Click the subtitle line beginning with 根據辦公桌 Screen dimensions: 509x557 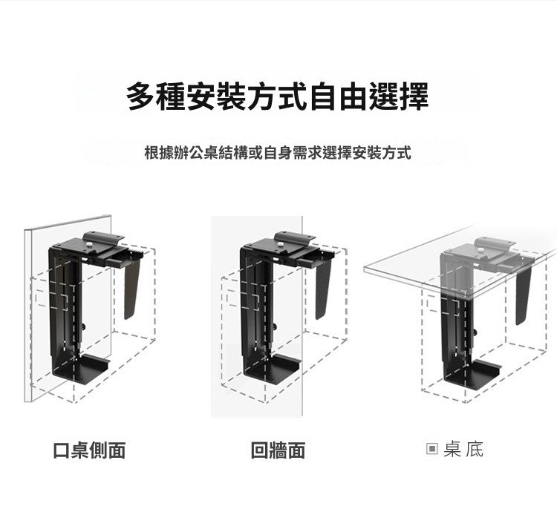pos(277,154)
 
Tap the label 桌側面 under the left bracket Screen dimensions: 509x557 pos(99,450)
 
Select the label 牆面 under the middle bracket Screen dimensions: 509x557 pos(287,450)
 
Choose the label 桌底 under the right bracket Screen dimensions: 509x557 pos(463,449)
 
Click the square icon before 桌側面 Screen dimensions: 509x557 pos(62,450)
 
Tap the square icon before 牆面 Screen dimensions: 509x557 pos(259,450)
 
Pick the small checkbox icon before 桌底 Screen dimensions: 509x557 pos(432,449)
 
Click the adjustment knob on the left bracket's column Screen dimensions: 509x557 pos(84,325)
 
